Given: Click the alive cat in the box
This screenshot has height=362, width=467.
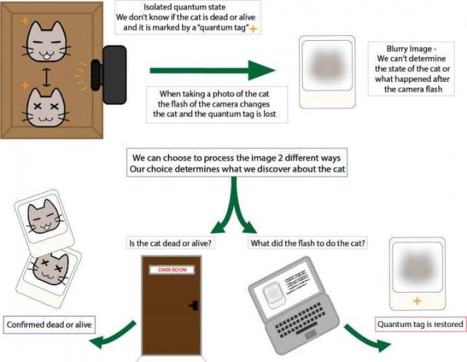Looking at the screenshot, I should [x=45, y=42].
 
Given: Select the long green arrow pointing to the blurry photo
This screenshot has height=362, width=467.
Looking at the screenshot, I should [x=212, y=71].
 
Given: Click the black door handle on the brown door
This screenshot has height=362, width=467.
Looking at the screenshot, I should [x=193, y=306].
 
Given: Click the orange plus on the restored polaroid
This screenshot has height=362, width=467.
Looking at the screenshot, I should [x=417, y=301].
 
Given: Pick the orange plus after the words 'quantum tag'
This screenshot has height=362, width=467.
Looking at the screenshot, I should [x=255, y=28].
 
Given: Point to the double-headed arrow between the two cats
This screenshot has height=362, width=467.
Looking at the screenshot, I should [x=45, y=77].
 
